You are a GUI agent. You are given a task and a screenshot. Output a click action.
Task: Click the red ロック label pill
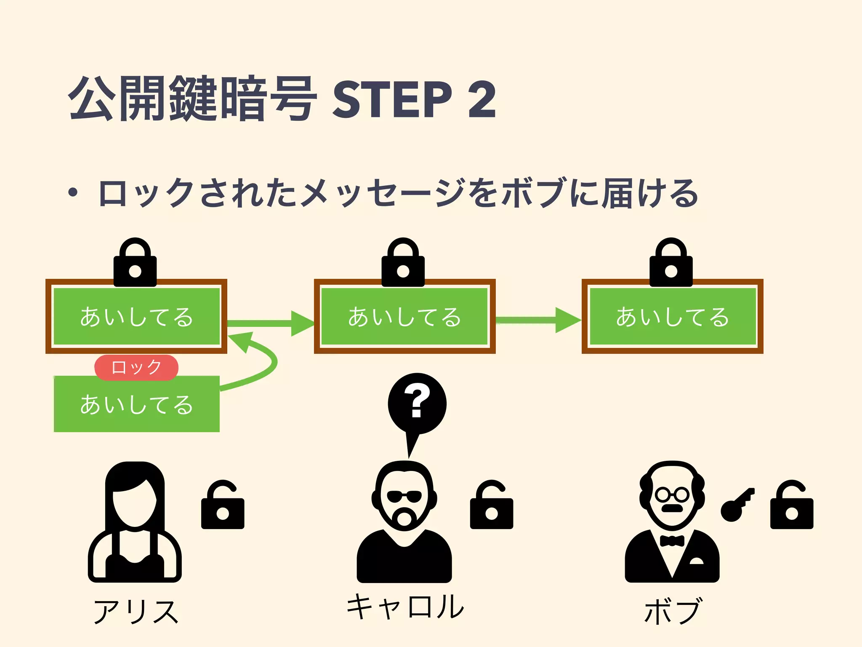[136, 367]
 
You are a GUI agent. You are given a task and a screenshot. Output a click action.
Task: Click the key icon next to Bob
[737, 505]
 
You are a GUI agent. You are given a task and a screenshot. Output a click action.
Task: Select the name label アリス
[136, 612]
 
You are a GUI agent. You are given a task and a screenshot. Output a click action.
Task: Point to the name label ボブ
[672, 611]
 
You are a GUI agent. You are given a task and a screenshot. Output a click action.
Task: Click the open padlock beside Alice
[223, 505]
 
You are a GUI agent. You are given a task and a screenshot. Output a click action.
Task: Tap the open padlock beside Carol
[491, 505]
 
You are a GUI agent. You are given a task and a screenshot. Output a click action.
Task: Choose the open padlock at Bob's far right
[791, 505]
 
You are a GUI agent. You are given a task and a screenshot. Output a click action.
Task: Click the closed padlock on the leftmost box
[135, 263]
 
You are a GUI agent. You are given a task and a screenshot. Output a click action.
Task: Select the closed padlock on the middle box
[403, 263]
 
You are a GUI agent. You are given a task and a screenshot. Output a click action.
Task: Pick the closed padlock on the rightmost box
[671, 263]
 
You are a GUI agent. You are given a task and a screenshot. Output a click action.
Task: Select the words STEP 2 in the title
[414, 99]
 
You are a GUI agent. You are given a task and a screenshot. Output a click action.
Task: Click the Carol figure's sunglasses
[404, 497]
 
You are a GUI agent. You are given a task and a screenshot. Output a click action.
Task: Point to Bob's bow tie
[672, 541]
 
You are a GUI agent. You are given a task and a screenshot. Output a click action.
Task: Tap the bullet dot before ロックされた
[73, 192]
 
